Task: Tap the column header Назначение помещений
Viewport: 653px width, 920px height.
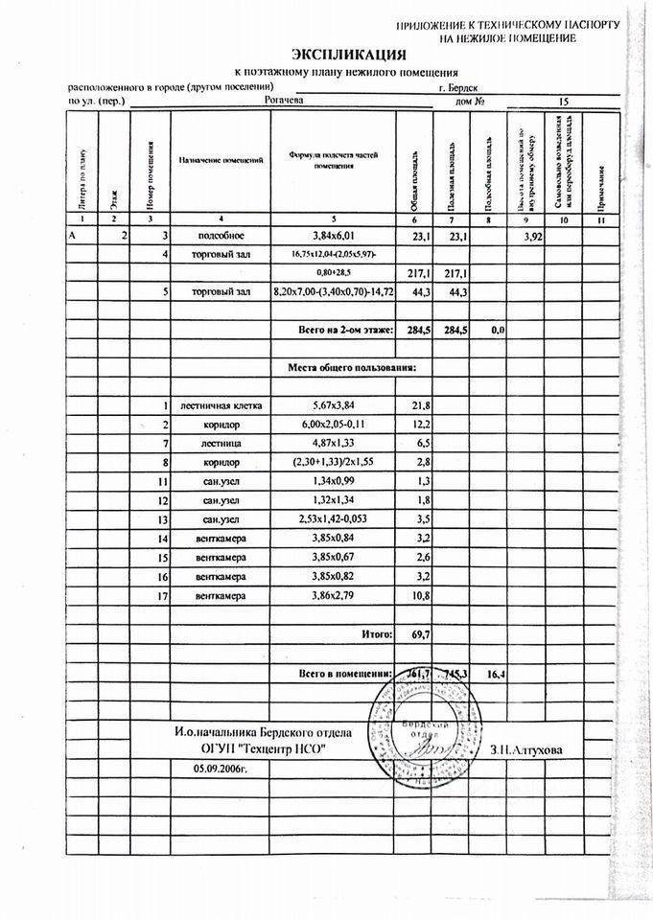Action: tap(222, 159)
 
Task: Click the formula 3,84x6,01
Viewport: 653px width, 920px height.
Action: tap(333, 235)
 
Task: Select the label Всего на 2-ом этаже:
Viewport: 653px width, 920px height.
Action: tap(333, 330)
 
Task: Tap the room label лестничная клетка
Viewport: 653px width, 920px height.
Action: tap(228, 405)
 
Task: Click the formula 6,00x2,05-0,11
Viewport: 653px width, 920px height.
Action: tap(333, 425)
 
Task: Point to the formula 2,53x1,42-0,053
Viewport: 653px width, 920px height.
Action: tap(333, 520)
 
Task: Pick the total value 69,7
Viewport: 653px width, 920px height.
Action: tap(421, 634)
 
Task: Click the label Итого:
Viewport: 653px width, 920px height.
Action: tap(377, 634)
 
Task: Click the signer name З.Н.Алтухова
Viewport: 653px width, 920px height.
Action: tap(526, 748)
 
